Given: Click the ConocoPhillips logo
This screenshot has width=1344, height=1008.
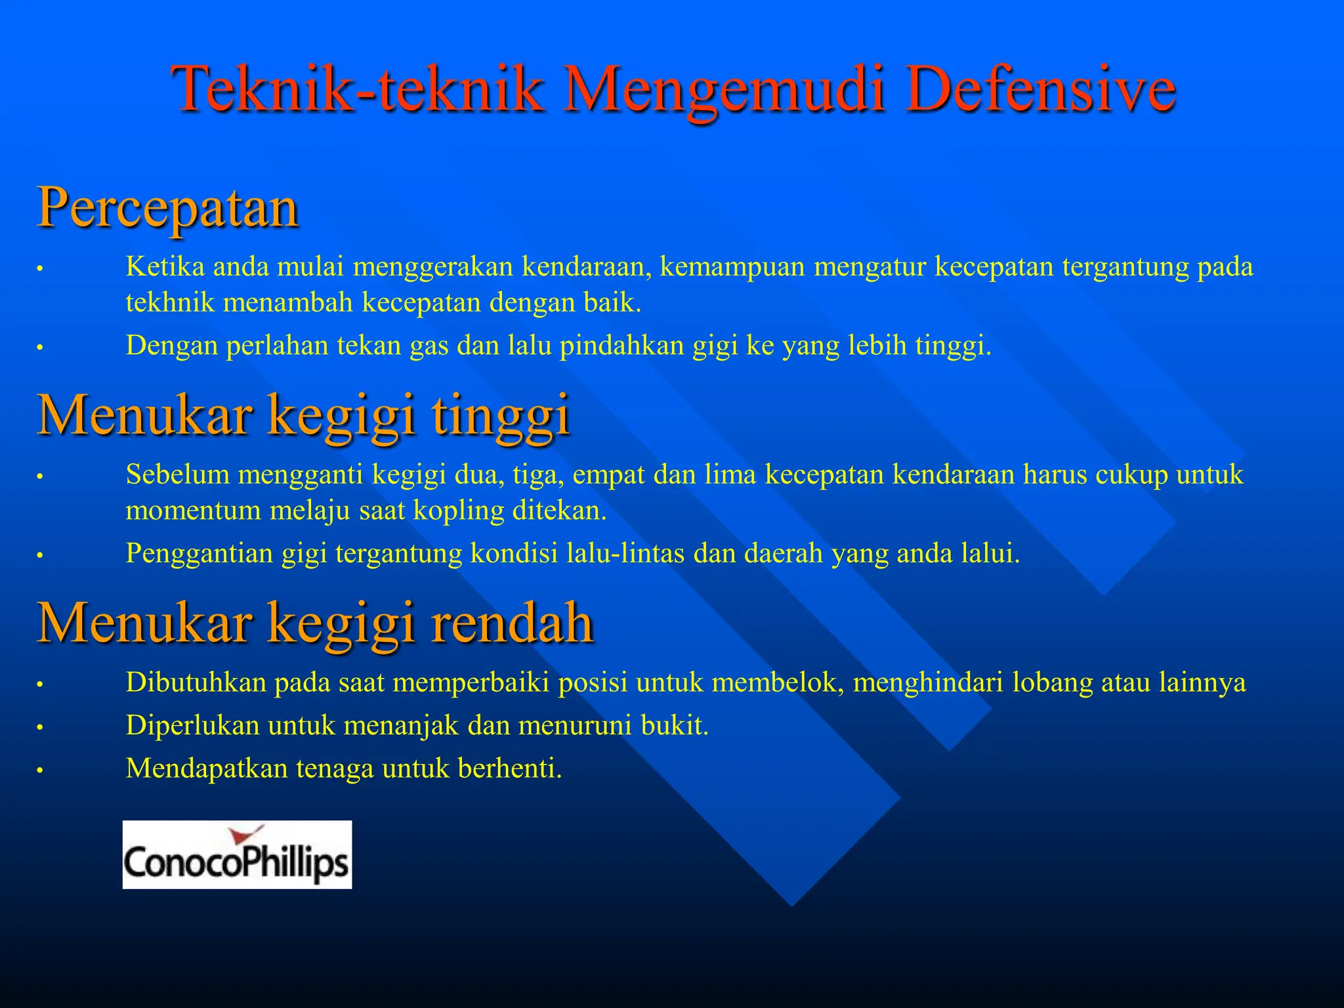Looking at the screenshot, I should [x=237, y=854].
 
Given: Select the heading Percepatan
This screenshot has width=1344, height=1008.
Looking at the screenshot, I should [x=168, y=207].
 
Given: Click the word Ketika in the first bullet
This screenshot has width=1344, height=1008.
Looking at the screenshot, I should [x=165, y=267].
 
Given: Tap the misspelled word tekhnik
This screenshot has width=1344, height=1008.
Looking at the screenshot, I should [x=170, y=303].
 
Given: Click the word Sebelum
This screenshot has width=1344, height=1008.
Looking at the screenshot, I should [x=177, y=474].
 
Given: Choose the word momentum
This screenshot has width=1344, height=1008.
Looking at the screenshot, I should [x=193, y=511].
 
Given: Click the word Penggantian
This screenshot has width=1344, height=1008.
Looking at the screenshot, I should [x=199, y=553].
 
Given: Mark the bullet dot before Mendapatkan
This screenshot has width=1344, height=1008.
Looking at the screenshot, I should [x=39, y=770].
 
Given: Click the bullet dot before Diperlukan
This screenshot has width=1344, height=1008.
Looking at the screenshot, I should [x=39, y=728].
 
